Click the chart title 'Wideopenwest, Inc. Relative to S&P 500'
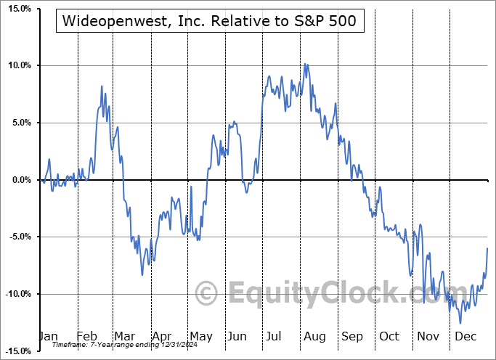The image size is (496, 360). [210, 21]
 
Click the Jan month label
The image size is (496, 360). [47, 336]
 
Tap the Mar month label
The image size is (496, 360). [123, 336]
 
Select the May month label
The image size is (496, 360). [200, 336]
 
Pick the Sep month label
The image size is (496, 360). [352, 336]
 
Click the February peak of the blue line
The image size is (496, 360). [102, 86]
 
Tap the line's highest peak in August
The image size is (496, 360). [306, 64]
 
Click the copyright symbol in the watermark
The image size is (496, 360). [207, 294]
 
